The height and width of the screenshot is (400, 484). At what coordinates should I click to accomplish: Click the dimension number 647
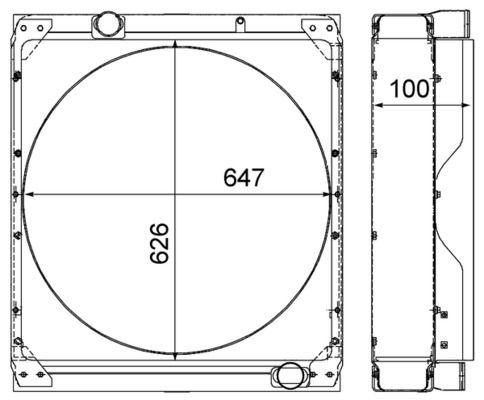(x=243, y=177)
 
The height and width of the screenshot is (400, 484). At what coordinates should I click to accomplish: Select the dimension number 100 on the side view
(x=409, y=88)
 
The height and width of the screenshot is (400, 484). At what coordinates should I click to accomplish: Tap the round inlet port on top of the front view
(x=107, y=21)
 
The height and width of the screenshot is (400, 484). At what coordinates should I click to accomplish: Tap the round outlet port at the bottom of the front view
(x=289, y=375)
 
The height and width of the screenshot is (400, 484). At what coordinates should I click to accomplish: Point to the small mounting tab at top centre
(x=239, y=21)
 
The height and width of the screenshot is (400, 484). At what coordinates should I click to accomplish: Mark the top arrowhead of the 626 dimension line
(x=176, y=47)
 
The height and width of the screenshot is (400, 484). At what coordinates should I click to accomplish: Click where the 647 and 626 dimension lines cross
(x=176, y=194)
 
